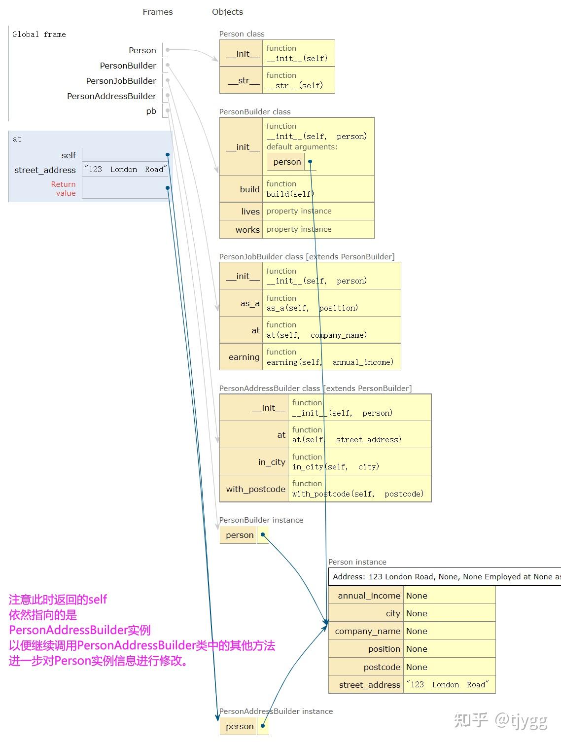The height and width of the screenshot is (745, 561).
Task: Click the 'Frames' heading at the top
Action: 157,12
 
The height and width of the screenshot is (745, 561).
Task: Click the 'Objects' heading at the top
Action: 227,12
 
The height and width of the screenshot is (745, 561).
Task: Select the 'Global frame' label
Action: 39,34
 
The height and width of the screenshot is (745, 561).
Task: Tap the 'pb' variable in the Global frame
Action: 151,111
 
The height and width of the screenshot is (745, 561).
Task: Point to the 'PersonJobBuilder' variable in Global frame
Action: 121,81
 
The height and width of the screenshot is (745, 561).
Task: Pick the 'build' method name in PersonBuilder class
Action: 249,189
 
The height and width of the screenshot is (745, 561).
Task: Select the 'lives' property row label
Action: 250,211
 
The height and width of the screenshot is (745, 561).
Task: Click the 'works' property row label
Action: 247,229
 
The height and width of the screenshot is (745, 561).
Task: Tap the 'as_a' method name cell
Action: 249,303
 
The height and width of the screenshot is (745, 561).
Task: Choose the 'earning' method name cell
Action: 244,357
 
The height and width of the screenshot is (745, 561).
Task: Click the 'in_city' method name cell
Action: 272,462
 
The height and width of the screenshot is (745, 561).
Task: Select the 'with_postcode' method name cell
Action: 255,489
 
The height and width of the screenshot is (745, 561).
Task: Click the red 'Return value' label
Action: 64,188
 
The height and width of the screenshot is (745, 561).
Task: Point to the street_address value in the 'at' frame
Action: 125,170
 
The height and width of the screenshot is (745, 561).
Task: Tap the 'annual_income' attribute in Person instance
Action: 369,596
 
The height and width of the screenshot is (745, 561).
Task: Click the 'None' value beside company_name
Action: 417,631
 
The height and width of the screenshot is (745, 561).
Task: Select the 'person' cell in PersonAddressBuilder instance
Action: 240,726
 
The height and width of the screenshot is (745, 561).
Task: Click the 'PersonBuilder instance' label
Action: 261,520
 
